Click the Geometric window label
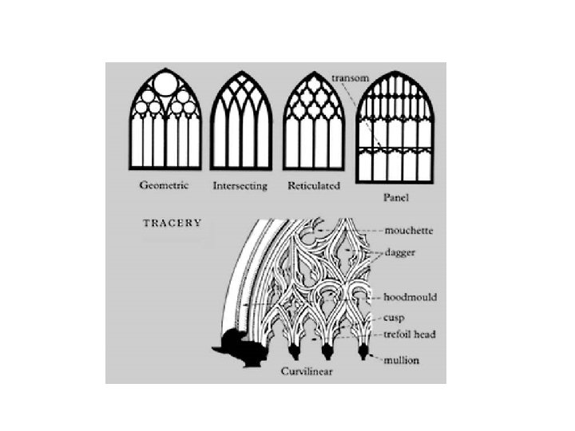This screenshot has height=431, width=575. click(164, 186)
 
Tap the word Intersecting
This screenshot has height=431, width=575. click(240, 187)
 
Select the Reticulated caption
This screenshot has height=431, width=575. click(313, 186)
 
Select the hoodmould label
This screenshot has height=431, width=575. click(410, 297)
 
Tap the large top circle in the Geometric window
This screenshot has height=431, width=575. click(165, 85)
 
